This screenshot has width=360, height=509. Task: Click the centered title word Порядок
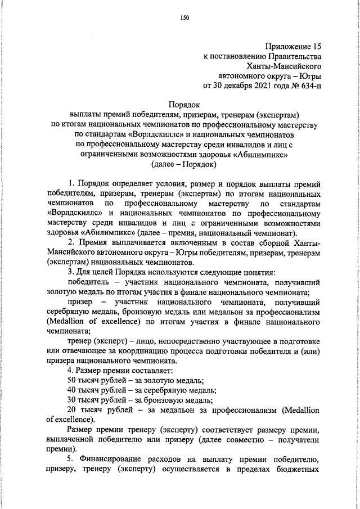184,104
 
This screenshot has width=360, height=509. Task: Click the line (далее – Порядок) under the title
184,165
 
